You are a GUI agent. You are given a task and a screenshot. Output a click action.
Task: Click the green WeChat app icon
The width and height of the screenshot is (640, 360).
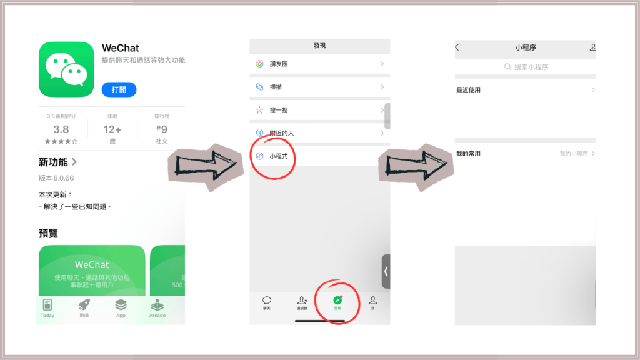pyautogui.click(x=66, y=69)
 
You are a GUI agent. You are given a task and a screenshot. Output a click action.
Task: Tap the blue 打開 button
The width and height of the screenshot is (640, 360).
pyautogui.click(x=119, y=89)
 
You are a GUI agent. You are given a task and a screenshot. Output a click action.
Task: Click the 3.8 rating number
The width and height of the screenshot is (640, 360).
pyautogui.click(x=61, y=129)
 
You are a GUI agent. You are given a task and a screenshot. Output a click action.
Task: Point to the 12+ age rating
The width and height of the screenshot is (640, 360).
pyautogui.click(x=112, y=129)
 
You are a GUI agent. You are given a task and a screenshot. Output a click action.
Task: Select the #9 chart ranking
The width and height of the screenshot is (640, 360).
pyautogui.click(x=161, y=129)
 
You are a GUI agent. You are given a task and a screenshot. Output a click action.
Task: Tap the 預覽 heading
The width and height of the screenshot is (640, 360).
pyautogui.click(x=49, y=233)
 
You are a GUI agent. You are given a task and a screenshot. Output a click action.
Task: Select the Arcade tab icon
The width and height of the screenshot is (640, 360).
pyautogui.click(x=157, y=305)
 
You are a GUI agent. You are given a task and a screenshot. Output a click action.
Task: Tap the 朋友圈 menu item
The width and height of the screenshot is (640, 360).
pyautogui.click(x=280, y=64)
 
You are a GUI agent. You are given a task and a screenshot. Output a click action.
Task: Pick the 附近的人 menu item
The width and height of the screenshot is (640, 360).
pyautogui.click(x=281, y=133)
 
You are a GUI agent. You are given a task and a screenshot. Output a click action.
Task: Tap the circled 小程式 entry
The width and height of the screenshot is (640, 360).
pyautogui.click(x=277, y=156)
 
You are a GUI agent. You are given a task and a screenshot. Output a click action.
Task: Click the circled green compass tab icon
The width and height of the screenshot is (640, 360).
pyautogui.click(x=337, y=301)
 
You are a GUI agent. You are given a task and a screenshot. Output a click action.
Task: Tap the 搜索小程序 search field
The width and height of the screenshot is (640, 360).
pyautogui.click(x=526, y=67)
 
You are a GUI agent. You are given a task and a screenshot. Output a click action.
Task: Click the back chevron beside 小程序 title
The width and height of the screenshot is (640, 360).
pyautogui.click(x=457, y=47)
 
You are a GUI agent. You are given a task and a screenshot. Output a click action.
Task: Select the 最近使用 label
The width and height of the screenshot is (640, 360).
pyautogui.click(x=469, y=90)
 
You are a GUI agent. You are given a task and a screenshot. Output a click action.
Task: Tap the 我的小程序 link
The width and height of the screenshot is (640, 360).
pyautogui.click(x=575, y=154)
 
